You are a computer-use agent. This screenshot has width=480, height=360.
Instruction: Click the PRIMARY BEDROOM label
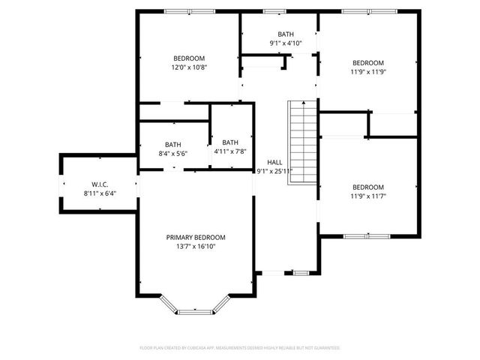point(196,237)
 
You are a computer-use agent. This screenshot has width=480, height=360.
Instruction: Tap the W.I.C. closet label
point(101,184)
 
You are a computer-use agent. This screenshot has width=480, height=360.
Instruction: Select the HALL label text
point(274,162)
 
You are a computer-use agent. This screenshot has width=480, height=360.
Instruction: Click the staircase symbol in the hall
point(302,138)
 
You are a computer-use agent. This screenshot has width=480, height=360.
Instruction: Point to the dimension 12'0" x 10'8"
point(189,67)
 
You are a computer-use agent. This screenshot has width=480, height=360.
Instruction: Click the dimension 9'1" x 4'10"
point(286,43)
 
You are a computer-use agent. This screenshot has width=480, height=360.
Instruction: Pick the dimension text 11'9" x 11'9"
point(368,71)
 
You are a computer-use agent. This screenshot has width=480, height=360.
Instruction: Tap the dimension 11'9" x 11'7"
point(368,196)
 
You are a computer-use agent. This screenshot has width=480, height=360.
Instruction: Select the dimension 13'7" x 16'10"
point(196,245)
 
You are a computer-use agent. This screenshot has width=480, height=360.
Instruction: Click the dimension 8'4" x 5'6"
point(173,154)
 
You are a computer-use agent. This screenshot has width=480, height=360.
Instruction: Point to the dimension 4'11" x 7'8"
point(230,151)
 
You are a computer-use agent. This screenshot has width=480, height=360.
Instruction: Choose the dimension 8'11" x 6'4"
point(101,192)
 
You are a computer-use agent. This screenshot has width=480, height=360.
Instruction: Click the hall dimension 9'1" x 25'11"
point(274,170)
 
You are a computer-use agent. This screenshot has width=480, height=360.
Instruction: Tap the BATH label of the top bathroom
point(286,34)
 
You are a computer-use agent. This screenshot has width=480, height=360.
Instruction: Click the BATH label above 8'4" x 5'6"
point(173,145)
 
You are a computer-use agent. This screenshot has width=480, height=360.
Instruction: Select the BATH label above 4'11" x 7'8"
point(230,142)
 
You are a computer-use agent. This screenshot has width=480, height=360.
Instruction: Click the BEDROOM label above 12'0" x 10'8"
point(189,58)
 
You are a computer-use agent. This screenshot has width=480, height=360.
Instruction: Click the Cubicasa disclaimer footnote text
point(240,348)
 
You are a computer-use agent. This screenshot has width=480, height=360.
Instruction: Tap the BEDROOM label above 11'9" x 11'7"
point(368,187)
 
